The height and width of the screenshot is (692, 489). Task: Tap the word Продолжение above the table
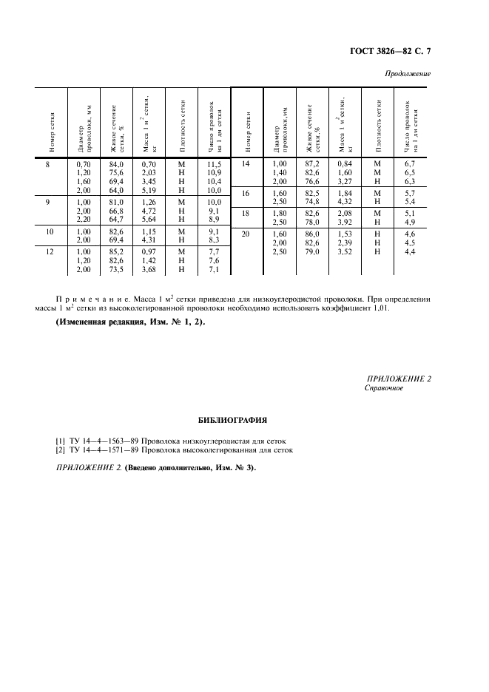coord(408,74)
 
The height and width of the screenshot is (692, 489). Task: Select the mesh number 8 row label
coord(47,164)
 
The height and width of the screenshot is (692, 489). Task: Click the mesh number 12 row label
coord(47,251)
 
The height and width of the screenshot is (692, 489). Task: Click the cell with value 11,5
coord(215,164)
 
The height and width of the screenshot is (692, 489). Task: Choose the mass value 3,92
coord(345,222)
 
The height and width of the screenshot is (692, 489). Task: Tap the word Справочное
coord(384,388)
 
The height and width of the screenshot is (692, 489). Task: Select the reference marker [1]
coord(61,441)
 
